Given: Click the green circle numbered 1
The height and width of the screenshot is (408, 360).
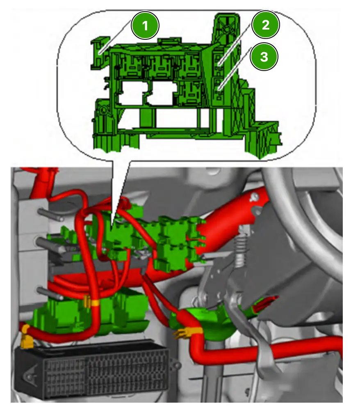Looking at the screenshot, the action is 145,25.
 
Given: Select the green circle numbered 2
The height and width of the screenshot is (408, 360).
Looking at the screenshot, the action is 265,25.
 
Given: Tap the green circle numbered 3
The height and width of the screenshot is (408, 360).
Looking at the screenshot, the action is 264,57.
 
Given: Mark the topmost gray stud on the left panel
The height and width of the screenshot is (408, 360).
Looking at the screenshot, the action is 51,214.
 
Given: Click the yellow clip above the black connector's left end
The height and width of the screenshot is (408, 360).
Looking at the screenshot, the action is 26,337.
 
